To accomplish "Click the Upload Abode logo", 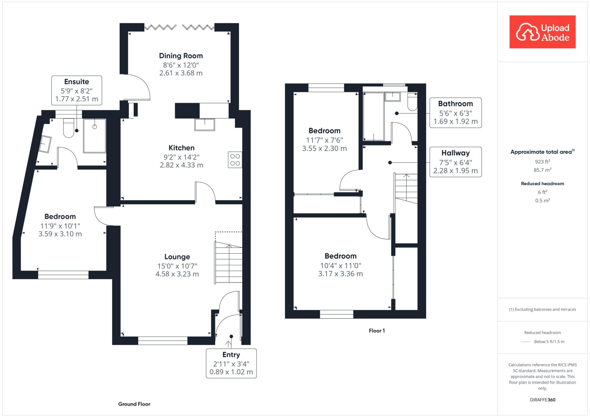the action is tap(542, 32).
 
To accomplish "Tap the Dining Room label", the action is tap(181, 56).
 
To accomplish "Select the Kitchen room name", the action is tap(181, 148).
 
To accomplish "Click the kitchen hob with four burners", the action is tap(235, 160).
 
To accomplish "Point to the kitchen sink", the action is tap(205, 125).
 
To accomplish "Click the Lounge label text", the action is tap(177, 257).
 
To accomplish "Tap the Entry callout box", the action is tap(231, 363).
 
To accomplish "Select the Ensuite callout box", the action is tap(77, 90).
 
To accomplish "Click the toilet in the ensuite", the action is tap(69, 128).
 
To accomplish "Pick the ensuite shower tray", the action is tap(94, 136).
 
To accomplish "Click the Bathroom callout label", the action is tap(455, 113).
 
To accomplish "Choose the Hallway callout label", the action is tap(455, 162).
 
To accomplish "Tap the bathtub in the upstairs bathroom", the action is tap(374, 116).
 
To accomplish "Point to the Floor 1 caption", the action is tap(377, 331).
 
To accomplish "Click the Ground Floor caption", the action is tap(134, 404).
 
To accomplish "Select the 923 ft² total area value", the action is tap(542, 161).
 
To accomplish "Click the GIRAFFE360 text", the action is tap(542, 400).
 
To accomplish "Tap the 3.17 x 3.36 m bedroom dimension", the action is tap(341, 274).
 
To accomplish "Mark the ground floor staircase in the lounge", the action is tap(228, 262).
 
